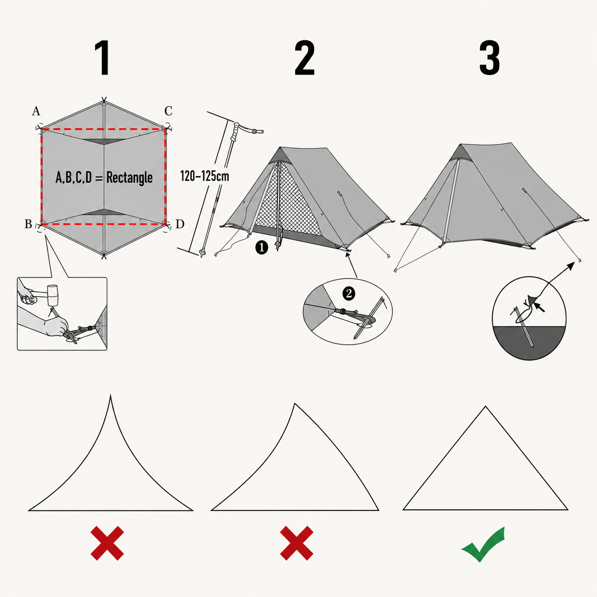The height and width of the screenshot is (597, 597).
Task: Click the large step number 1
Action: pos(102,58)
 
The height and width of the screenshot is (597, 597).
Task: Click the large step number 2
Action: pos(305,58)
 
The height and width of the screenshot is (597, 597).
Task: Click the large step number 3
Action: pos(489,58)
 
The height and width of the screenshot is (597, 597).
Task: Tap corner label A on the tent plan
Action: pos(36,111)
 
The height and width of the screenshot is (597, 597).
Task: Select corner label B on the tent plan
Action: pos(28,224)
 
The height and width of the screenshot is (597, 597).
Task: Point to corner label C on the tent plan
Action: pos(168,111)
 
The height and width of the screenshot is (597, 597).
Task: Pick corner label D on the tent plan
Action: pos(180,224)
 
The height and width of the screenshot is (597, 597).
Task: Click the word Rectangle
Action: pos(129,178)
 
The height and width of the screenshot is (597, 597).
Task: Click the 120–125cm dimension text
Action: pos(204,176)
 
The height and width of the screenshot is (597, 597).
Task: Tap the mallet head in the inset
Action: pos(53,296)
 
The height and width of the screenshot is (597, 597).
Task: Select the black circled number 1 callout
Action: pos(261,248)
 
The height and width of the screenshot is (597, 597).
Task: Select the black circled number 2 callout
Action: pos(349,293)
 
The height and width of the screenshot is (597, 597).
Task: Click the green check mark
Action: pos(483,544)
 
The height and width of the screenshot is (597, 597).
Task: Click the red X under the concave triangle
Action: pos(107,543)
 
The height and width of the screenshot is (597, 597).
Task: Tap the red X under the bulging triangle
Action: pos(297,543)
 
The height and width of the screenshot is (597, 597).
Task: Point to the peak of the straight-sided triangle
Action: pos(486,407)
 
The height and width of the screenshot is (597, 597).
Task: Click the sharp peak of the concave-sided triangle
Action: pos(110,395)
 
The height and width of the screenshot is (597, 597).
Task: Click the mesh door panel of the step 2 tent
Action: pos(294,204)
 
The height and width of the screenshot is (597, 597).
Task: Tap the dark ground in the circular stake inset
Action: pos(529,342)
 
